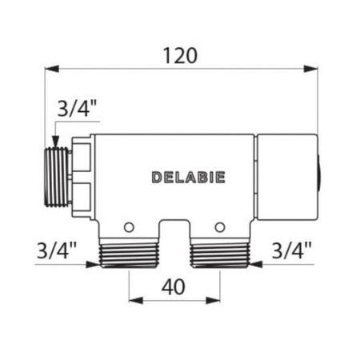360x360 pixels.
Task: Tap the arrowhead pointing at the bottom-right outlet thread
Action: [x=252, y=260]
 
